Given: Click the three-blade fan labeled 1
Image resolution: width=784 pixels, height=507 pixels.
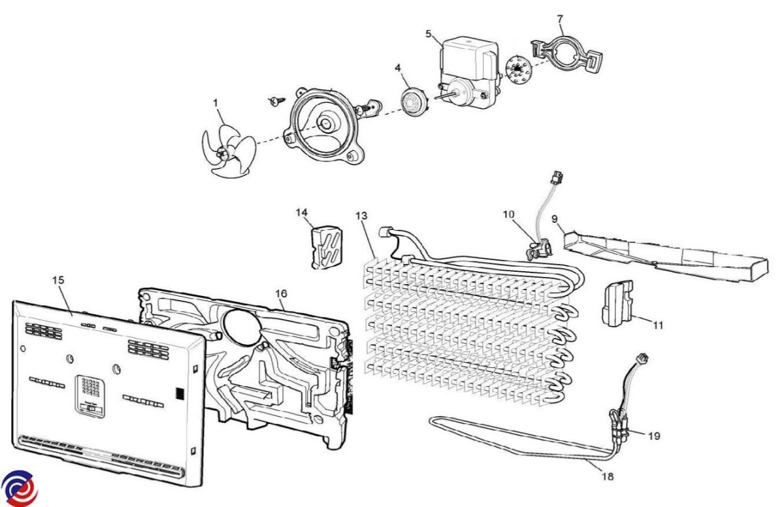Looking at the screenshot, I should click(225, 151).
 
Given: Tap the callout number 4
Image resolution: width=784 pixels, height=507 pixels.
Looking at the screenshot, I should click(397, 67).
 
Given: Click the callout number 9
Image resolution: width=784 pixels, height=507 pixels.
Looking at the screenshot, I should click(555, 219).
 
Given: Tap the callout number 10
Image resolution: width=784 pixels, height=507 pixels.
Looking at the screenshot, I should click(510, 214).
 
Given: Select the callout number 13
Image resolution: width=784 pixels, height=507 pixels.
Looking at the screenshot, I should click(361, 216).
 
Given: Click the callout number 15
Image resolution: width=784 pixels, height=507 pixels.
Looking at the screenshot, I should click(58, 280).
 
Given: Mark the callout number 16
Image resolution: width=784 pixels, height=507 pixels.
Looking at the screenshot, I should click(281, 293).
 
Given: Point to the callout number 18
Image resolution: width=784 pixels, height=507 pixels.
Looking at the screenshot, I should click(608, 476).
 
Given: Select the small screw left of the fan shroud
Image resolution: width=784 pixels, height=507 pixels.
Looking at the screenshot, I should click(276, 101).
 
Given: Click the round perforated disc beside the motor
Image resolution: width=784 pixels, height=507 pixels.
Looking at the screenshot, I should click(517, 67).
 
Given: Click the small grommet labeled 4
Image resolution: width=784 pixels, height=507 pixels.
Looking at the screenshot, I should click(412, 103).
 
